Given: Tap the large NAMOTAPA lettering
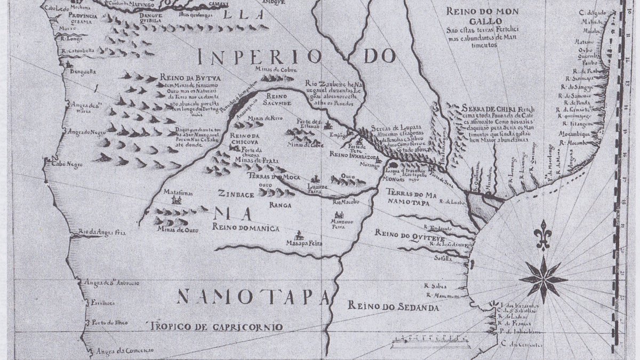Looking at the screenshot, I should point(254,296).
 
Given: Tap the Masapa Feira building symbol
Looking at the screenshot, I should point(300,235).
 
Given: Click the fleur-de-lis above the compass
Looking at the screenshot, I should point(543,235).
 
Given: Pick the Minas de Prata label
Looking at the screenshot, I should point(253,159).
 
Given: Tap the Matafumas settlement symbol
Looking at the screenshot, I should point(177,199).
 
